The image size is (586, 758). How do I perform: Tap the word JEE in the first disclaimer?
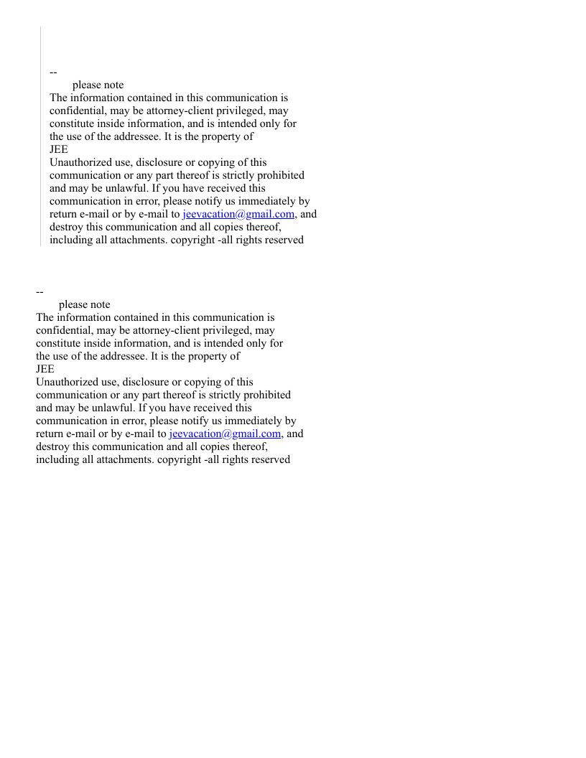pyautogui.click(x=59, y=149)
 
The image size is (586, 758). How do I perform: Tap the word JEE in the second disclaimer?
pyautogui.click(x=45, y=369)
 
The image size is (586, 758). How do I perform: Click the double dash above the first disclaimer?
pyautogui.click(x=53, y=72)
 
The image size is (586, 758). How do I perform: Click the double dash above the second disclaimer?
pyautogui.click(x=39, y=291)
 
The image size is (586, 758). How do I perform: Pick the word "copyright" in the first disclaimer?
pyautogui.click(x=192, y=240)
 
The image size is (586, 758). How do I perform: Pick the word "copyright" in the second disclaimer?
pyautogui.click(x=179, y=459)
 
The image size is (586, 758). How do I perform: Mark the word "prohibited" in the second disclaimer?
pyautogui.click(x=266, y=395)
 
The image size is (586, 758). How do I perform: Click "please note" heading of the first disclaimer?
pyautogui.click(x=98, y=85)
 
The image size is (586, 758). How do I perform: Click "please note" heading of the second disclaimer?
pyautogui.click(x=84, y=304)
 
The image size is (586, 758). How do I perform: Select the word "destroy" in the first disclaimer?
pyautogui.click(x=67, y=227)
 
